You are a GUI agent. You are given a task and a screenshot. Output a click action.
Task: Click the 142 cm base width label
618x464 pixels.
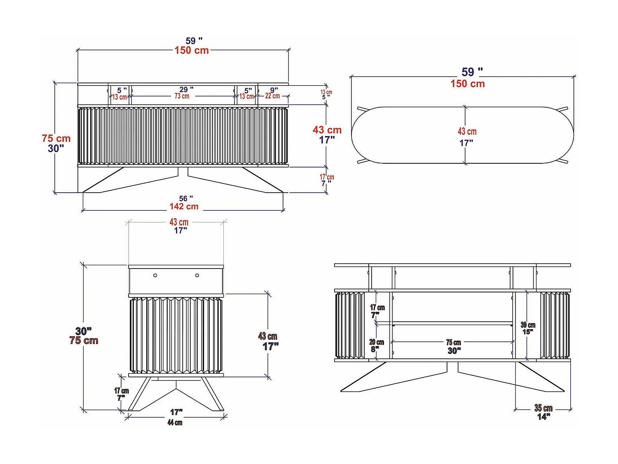[184, 207]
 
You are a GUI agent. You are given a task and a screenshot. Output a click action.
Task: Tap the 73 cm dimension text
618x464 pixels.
[182, 96]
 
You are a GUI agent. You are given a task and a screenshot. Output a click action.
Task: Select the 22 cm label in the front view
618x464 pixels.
[272, 96]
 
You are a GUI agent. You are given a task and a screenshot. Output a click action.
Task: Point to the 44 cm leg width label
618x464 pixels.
[175, 422]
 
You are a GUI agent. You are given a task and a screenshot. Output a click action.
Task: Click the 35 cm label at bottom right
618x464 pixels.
[543, 408]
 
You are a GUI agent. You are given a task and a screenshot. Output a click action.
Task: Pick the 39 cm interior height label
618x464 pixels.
[528, 325]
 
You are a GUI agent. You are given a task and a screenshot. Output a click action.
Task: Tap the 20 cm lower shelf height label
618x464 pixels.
[376, 342]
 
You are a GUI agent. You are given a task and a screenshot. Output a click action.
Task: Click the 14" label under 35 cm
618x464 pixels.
[543, 417]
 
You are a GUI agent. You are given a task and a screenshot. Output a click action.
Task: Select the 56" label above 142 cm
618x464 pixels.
[186, 199]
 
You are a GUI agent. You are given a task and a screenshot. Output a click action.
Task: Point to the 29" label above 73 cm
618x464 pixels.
[186, 90]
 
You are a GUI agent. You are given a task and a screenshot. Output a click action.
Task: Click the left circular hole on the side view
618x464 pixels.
[155, 275]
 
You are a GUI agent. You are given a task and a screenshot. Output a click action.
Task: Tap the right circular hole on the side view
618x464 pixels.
[197, 275]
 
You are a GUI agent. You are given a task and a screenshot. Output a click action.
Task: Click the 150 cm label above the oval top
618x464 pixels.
[467, 84]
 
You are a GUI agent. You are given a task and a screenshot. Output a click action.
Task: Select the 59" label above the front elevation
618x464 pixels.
[194, 41]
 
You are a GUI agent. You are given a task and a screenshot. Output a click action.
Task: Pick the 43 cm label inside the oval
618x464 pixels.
[467, 132]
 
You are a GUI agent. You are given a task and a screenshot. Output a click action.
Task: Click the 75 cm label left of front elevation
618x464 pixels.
[56, 139]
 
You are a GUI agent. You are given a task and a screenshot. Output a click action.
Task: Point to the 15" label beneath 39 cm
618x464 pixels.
[528, 332]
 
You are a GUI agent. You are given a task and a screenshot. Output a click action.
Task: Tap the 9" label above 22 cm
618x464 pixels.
[274, 90]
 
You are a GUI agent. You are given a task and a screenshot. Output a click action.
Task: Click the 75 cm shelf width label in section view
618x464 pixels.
[453, 342]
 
